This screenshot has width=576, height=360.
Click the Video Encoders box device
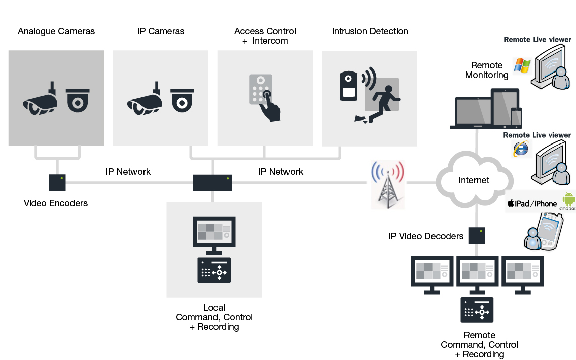(x=57, y=182)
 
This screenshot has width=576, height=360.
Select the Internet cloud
(x=473, y=180)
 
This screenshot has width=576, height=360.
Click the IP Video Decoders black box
(x=476, y=235)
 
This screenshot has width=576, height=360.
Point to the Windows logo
(x=522, y=65)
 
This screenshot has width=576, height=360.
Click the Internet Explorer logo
(x=521, y=148)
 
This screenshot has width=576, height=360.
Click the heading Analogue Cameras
(x=56, y=31)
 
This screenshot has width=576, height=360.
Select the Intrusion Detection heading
(x=370, y=31)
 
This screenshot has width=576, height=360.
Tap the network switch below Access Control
(x=212, y=183)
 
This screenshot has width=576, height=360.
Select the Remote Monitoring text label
(x=486, y=70)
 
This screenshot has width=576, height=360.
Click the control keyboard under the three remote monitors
(x=477, y=310)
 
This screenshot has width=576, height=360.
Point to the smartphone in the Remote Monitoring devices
(x=516, y=118)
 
